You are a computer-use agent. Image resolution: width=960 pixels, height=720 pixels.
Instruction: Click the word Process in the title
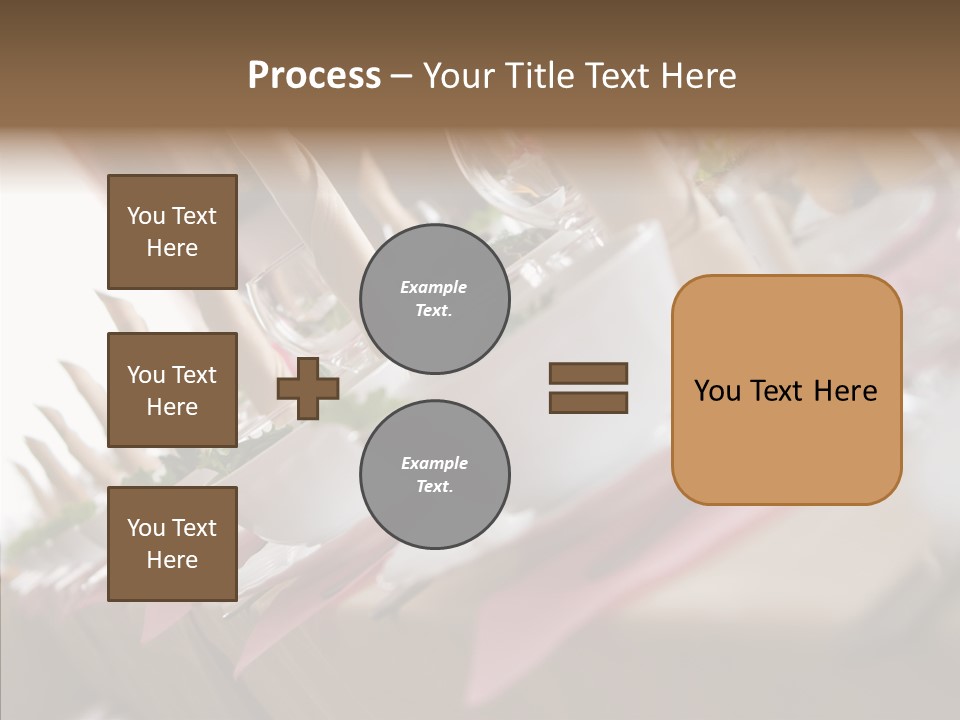click(314, 76)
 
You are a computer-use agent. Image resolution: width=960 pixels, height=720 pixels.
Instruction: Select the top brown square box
click(172, 232)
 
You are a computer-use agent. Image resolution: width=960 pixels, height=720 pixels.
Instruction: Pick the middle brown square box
click(172, 390)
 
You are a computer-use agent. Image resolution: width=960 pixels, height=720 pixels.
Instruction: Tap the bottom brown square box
click(172, 544)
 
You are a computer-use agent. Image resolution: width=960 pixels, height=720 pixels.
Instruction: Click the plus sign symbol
click(308, 388)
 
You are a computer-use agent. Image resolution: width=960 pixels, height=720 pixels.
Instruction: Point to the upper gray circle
click(434, 299)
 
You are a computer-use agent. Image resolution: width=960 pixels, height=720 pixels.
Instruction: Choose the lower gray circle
click(434, 475)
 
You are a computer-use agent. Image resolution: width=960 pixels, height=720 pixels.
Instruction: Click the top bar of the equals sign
click(588, 374)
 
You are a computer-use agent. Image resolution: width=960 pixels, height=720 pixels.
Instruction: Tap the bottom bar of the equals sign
click(588, 403)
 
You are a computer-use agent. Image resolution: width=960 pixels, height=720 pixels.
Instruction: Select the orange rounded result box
click(786, 390)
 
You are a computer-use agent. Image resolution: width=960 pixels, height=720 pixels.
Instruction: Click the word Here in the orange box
click(845, 391)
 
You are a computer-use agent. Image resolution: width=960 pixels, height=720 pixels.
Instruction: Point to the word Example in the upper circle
click(434, 287)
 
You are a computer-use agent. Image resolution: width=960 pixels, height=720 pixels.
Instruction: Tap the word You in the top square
click(145, 216)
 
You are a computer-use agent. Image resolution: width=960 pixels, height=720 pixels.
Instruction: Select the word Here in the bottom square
click(172, 560)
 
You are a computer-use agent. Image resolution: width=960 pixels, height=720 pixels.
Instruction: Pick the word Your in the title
click(461, 76)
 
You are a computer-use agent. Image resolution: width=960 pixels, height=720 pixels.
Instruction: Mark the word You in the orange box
click(717, 391)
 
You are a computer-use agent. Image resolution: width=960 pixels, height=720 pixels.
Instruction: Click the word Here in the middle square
click(172, 407)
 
